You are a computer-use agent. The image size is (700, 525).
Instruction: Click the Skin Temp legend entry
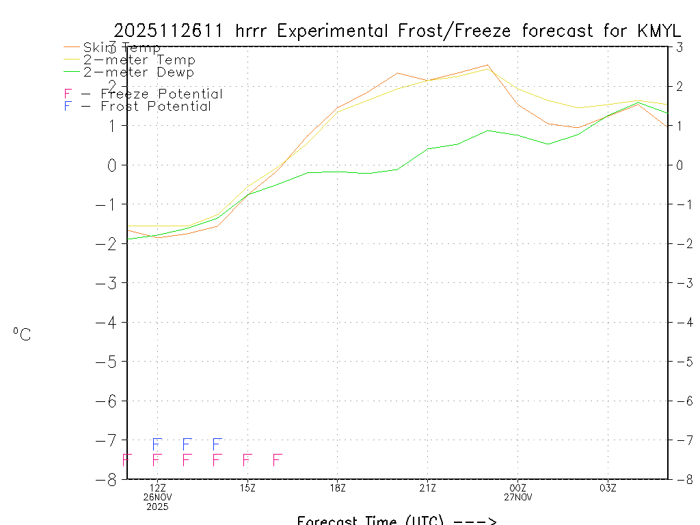click(122, 47)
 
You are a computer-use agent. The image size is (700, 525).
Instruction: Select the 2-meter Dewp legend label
click(138, 72)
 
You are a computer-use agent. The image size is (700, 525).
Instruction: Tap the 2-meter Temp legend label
click(139, 59)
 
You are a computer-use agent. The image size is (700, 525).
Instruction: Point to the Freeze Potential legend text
click(161, 94)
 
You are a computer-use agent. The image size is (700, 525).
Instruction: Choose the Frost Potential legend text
click(155, 106)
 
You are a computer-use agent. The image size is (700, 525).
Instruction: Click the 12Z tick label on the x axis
click(158, 487)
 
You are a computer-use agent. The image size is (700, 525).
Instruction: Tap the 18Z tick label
click(338, 487)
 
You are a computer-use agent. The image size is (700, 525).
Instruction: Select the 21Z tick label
click(428, 487)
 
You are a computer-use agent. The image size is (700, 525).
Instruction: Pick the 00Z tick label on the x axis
click(517, 487)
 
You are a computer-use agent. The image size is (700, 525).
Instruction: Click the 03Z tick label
click(608, 487)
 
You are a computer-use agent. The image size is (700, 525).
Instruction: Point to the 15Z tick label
click(247, 487)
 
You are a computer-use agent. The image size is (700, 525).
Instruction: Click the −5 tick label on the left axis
click(111, 362)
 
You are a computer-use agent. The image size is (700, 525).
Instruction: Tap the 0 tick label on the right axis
click(679, 165)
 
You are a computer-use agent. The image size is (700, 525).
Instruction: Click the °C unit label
click(22, 334)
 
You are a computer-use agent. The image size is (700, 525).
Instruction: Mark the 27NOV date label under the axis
click(517, 497)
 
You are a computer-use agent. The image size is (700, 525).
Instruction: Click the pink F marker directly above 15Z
click(247, 459)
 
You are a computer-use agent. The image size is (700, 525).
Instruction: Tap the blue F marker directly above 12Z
click(157, 444)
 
